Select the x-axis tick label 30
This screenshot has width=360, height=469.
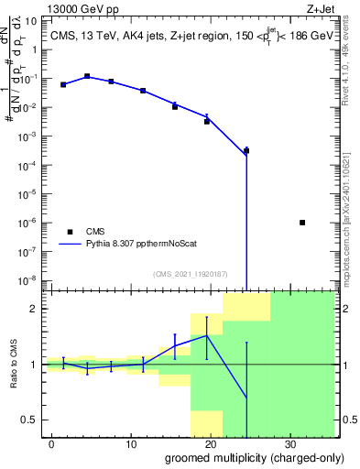coord(289,443)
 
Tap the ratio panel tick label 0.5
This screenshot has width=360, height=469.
coord(32,420)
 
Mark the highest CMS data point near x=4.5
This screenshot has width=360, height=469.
coord(87,77)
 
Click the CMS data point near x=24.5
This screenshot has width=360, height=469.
coord(246,150)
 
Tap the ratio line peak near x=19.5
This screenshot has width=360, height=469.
coord(207,335)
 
